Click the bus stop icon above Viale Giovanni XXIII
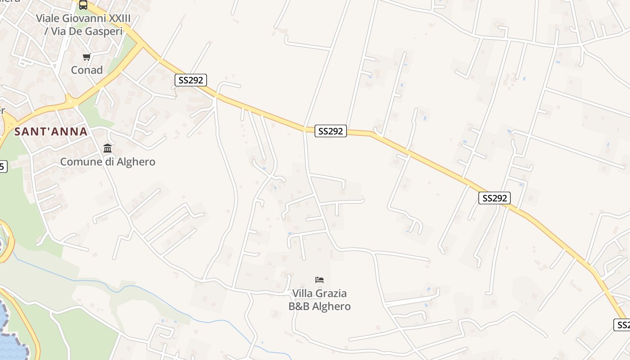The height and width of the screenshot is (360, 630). (x=83, y=5)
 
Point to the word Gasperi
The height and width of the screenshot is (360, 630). (x=94, y=31)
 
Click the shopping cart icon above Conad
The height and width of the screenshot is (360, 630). (x=86, y=57)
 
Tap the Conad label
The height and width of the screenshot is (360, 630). (x=87, y=70)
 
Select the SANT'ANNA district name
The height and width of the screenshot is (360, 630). (x=51, y=131)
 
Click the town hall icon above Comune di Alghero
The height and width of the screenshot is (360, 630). (x=108, y=148)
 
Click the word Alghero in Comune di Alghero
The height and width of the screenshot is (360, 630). (x=135, y=162)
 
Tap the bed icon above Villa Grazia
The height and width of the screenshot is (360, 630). (x=319, y=280)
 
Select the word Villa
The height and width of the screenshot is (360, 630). (x=302, y=293)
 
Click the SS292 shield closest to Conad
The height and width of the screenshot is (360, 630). (x=191, y=80)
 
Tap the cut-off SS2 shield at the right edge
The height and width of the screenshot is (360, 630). (x=622, y=324)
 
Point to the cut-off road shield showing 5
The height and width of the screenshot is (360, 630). (x=2, y=166)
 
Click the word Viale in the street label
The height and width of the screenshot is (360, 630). (x=47, y=18)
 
